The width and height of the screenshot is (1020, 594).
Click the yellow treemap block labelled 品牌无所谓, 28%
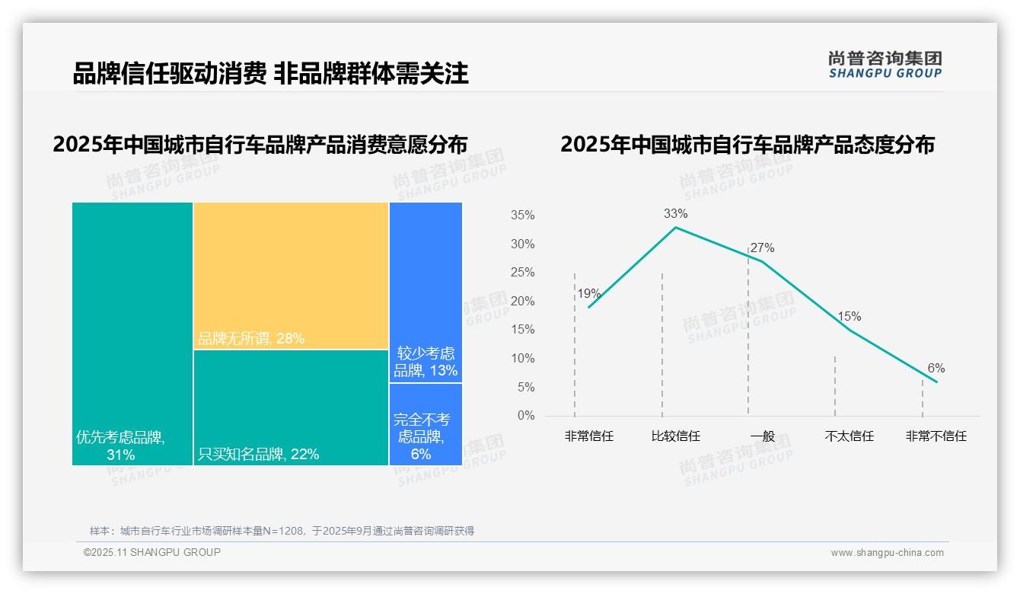[x=291, y=276]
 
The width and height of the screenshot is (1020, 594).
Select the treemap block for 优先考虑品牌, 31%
[x=132, y=334]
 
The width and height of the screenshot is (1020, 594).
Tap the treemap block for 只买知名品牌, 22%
[x=291, y=407]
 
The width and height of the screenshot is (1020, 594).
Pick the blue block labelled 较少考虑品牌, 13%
[x=426, y=292]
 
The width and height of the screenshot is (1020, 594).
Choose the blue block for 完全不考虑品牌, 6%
[x=426, y=424]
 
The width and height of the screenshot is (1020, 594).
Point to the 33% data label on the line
[x=675, y=214]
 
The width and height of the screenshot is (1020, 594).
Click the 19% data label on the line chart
[x=588, y=294]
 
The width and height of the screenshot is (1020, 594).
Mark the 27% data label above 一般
[x=762, y=248]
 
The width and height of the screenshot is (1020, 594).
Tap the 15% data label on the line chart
[x=849, y=317]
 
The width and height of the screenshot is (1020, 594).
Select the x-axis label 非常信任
[x=588, y=436]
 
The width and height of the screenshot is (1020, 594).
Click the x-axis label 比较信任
[x=675, y=436]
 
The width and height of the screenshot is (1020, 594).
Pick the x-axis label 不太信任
[x=849, y=436]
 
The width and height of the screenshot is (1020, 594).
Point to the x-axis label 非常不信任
[x=936, y=436]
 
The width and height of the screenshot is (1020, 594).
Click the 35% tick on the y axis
[x=522, y=216]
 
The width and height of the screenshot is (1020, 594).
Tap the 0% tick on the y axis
[x=525, y=416]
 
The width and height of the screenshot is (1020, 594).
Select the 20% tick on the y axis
[x=522, y=302]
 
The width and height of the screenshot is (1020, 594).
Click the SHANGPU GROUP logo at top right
[x=885, y=65]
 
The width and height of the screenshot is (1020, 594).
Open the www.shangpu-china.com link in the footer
[x=887, y=553]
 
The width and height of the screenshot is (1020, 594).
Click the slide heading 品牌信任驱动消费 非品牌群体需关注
[x=270, y=73]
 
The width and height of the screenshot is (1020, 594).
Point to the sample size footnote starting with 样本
[x=282, y=531]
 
